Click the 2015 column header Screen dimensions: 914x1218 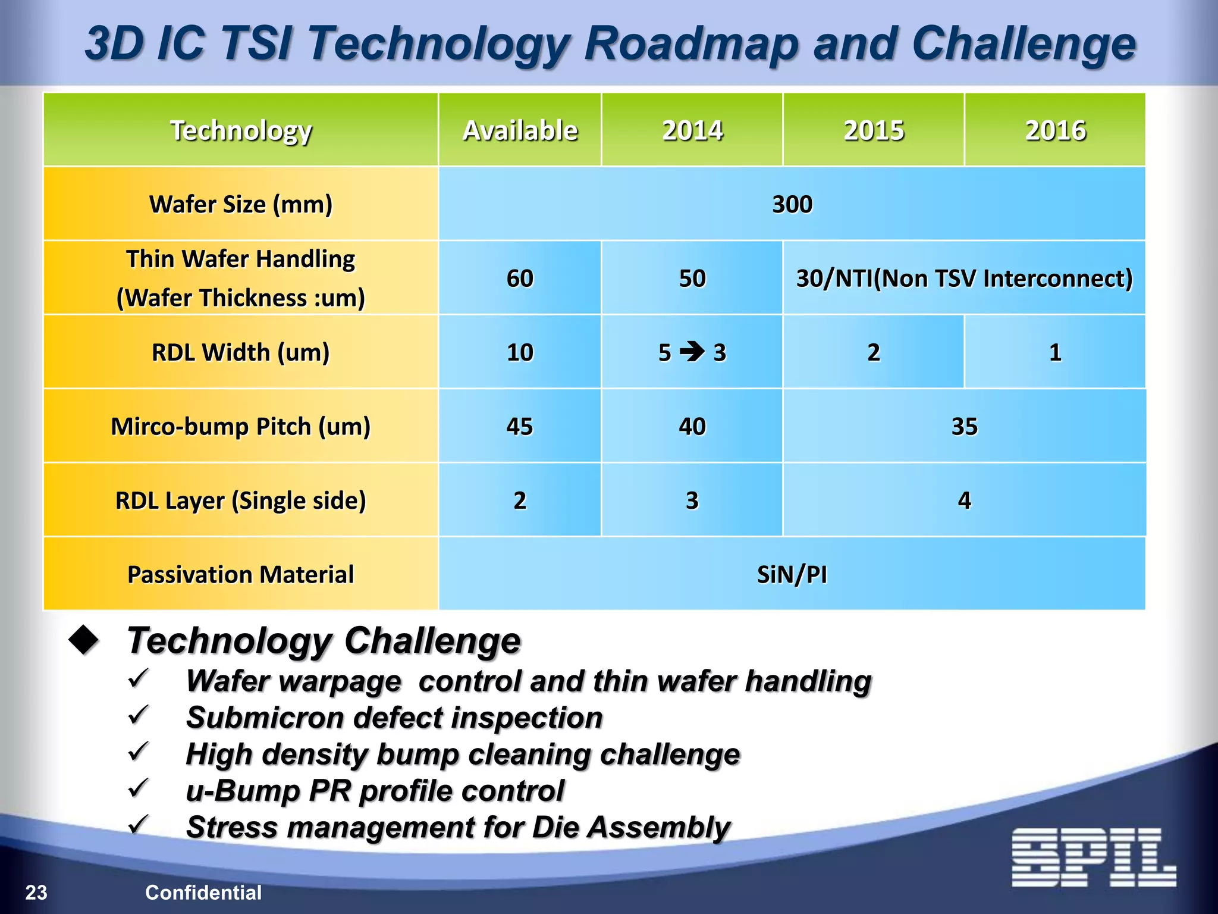click(x=873, y=130)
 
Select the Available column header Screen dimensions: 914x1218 click(x=520, y=130)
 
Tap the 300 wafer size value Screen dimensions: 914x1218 click(x=792, y=204)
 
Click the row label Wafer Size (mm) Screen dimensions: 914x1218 click(x=240, y=204)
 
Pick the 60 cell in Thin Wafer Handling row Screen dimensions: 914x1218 click(x=520, y=278)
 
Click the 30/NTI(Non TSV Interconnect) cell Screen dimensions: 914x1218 click(x=964, y=278)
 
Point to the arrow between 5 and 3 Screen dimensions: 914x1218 click(x=692, y=351)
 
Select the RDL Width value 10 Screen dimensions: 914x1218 click(x=520, y=352)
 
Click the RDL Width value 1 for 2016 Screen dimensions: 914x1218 click(x=1054, y=352)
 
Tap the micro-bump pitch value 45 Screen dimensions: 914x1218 click(x=520, y=426)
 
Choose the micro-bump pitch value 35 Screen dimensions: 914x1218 click(x=964, y=426)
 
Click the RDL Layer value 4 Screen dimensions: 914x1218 click(x=964, y=500)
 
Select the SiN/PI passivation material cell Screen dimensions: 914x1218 click(x=792, y=574)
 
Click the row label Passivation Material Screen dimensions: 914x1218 click(x=240, y=574)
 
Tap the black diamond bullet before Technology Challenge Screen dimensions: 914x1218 click(x=84, y=641)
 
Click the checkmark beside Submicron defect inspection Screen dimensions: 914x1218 click(x=139, y=715)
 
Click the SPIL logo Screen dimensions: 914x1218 click(x=1093, y=857)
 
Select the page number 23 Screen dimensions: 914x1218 click(x=36, y=892)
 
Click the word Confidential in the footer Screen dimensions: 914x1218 click(x=203, y=892)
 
